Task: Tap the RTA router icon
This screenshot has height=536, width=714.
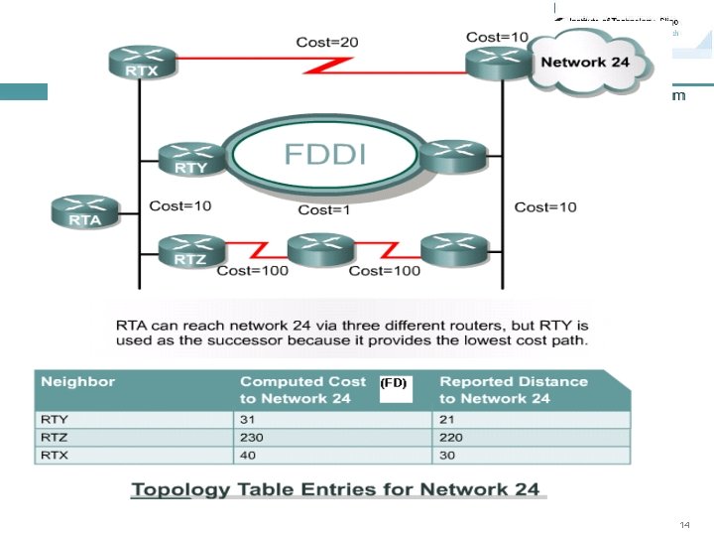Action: pyautogui.click(x=84, y=211)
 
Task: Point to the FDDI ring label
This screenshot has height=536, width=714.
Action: pyautogui.click(x=325, y=155)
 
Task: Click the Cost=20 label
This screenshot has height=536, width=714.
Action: pyautogui.click(x=326, y=42)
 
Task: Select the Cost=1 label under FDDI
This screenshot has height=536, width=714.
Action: pyautogui.click(x=324, y=210)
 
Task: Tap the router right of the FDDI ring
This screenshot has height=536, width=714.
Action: pyautogui.click(x=452, y=155)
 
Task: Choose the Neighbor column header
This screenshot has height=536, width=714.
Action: pyautogui.click(x=78, y=381)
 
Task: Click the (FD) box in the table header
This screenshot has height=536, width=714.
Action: pyautogui.click(x=394, y=382)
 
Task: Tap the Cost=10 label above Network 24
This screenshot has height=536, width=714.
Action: pyautogui.click(x=497, y=38)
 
